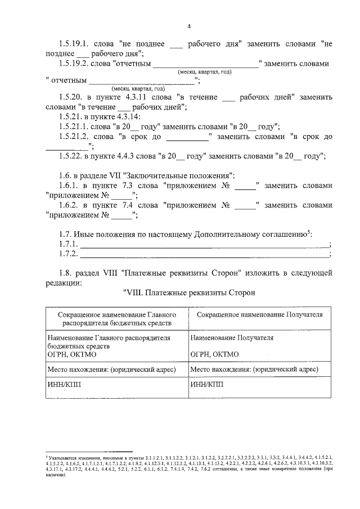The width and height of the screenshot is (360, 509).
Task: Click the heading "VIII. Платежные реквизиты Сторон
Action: [x=189, y=292]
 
